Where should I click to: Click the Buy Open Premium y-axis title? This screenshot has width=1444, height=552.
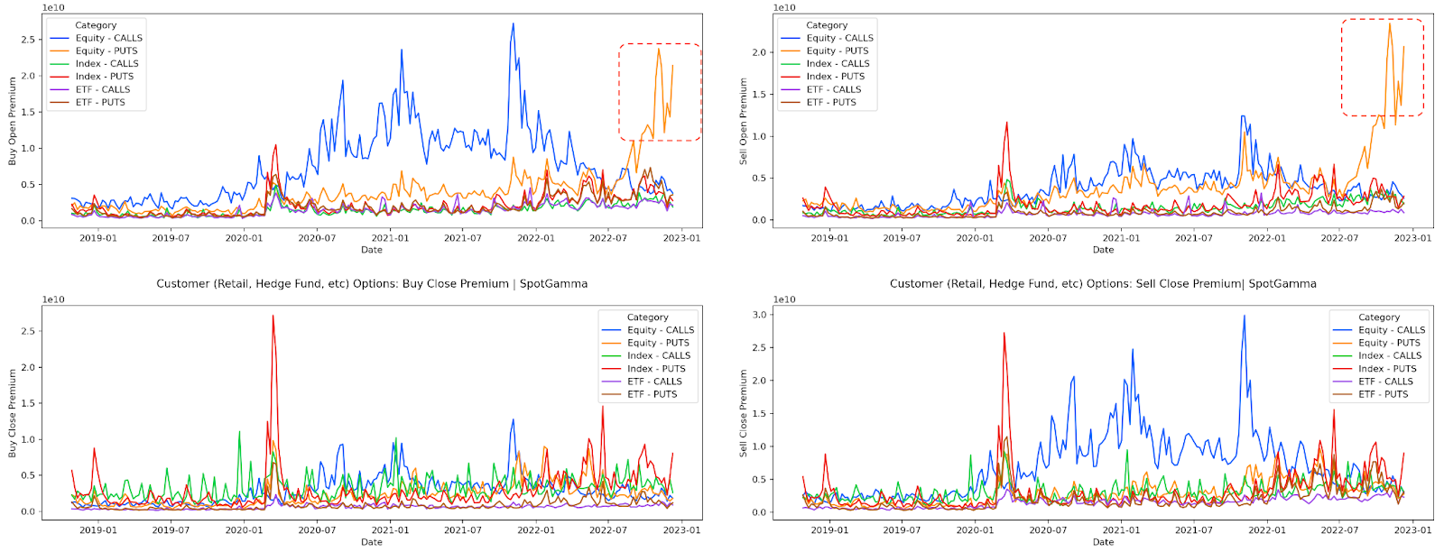13,120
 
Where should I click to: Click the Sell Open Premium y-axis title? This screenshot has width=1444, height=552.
744,120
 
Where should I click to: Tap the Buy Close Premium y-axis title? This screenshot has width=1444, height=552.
13,412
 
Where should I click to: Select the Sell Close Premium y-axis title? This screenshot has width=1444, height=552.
744,412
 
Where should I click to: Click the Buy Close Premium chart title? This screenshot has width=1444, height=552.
372,283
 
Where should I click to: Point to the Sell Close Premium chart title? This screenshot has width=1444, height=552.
1103,283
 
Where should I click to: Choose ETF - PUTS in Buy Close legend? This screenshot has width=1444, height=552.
652,394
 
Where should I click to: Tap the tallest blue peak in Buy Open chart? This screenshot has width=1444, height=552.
513,24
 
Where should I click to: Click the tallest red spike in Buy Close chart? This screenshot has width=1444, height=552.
273,316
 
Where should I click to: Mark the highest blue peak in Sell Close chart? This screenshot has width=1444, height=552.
1244,316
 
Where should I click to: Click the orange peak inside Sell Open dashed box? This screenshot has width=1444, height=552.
1389,24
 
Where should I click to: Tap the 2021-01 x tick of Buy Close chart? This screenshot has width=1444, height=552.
389,530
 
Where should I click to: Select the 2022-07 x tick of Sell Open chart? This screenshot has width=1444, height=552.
1339,238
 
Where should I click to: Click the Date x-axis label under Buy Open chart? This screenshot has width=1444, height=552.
372,250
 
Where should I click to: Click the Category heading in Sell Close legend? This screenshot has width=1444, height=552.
1379,317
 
